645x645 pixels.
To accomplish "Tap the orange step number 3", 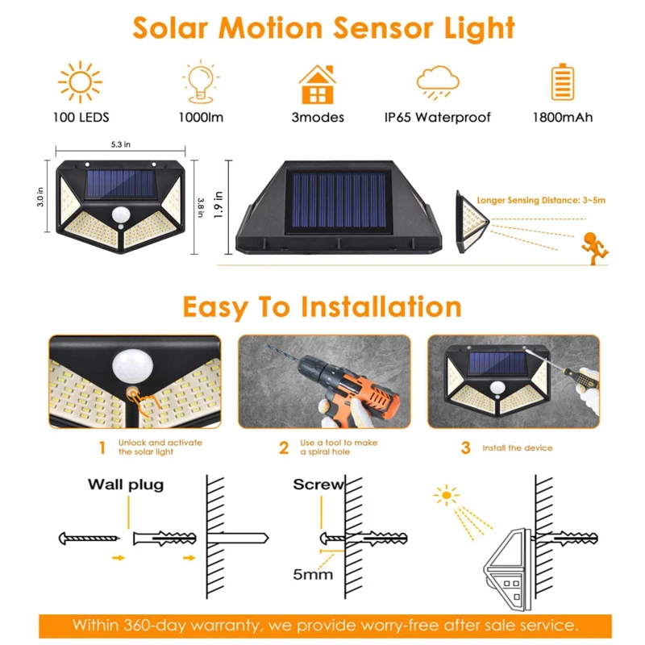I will tap(465, 447).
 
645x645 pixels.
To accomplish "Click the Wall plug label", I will tap(125, 485).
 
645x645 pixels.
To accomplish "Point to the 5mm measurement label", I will tap(314, 575).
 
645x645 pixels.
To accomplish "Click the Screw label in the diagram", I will tap(318, 485).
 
